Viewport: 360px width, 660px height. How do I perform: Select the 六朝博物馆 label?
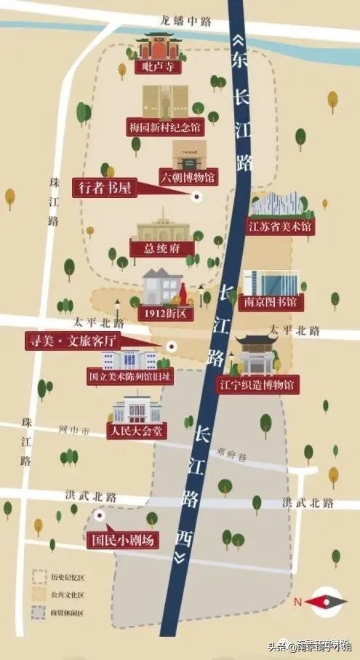coord(188,177)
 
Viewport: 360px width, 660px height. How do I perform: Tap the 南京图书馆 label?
coord(271,301)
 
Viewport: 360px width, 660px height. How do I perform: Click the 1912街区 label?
coord(165,314)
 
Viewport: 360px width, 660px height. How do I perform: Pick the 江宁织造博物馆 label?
coord(258,383)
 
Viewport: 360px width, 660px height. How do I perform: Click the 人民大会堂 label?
coord(137,430)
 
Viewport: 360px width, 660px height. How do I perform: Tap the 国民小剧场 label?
coord(120,541)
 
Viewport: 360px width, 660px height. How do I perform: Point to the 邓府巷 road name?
coord(234,457)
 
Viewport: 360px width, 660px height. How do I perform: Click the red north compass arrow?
coord(320,602)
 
